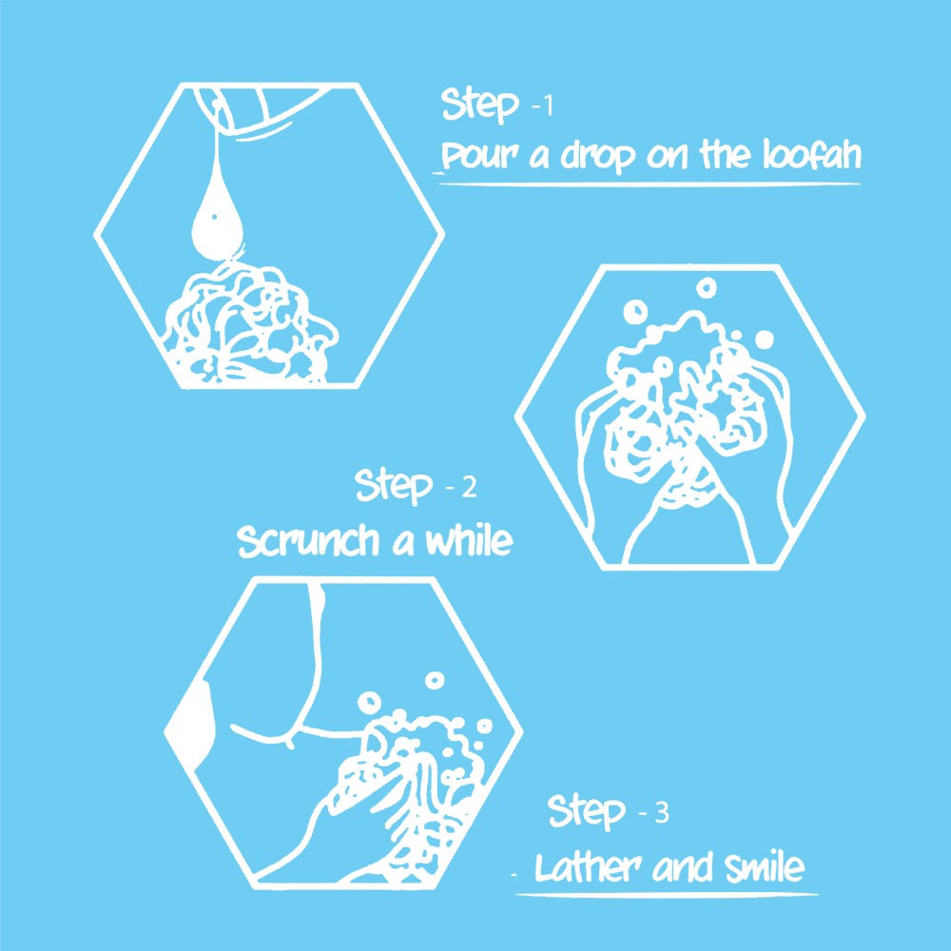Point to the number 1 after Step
[x=546, y=107]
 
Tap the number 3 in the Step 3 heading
[x=662, y=813]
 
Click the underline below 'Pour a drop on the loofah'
[x=647, y=180]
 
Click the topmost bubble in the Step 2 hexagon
[x=706, y=285]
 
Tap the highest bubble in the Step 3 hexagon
[x=435, y=680]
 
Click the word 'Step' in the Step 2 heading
[x=394, y=488]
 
